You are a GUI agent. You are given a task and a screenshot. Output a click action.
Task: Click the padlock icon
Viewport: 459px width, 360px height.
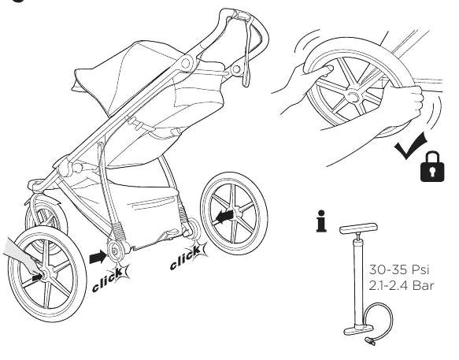click(x=432, y=167)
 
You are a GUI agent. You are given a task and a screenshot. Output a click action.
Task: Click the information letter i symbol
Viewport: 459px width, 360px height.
click(x=321, y=221)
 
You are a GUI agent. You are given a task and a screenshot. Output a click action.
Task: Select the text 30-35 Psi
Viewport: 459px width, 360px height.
click(x=399, y=269)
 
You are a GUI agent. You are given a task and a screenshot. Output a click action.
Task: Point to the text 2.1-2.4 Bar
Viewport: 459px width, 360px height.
click(x=402, y=285)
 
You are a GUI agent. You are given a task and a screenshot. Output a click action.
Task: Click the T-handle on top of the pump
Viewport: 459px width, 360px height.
click(x=358, y=228)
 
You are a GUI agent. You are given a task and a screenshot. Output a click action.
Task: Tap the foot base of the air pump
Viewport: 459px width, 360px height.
click(x=359, y=329)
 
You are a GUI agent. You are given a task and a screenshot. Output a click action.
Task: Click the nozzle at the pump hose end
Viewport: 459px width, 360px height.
click(x=370, y=341)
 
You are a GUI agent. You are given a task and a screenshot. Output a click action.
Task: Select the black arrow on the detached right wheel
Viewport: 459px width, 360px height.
click(x=224, y=216)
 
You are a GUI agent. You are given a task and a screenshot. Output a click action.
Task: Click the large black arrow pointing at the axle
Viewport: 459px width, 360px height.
click(x=98, y=257)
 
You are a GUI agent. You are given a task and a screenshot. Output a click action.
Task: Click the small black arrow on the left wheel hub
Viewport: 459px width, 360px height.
click(x=37, y=276)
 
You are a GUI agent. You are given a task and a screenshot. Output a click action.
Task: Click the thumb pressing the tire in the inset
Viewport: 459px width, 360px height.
click(x=320, y=71)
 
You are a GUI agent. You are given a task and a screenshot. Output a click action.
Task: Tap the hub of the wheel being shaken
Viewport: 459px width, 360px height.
click(x=352, y=96)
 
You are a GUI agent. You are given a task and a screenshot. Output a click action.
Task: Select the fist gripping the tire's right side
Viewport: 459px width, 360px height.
click(x=405, y=99)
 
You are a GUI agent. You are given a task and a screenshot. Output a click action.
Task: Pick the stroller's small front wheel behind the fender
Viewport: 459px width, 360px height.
click(x=46, y=219)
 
